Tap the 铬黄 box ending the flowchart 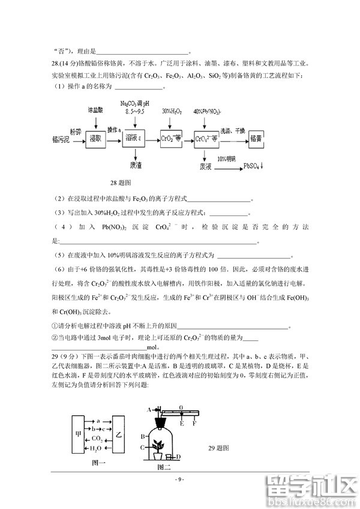coord(256,139)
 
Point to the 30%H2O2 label coord(172,112)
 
